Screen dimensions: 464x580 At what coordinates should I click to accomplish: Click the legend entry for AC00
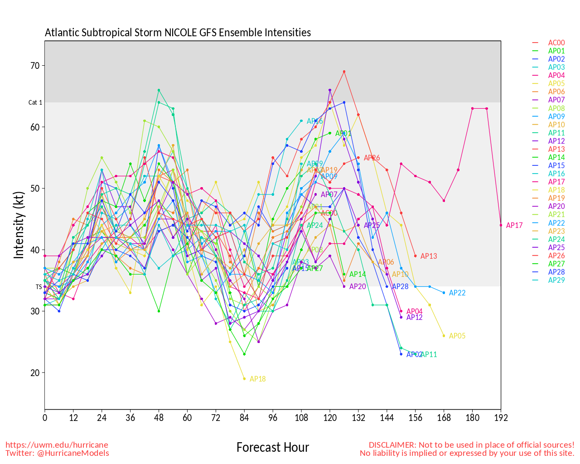coord(556,43)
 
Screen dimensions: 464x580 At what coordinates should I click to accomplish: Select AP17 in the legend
coord(556,182)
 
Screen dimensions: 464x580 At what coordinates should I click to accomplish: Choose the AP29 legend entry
coord(556,280)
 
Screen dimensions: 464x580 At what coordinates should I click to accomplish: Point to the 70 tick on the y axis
coord(35,66)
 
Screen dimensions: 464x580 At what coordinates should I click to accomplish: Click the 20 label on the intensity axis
coord(35,373)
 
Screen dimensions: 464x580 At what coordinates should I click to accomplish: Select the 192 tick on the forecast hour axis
coord(501,418)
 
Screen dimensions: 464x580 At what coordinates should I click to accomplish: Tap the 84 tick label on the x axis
coord(244,418)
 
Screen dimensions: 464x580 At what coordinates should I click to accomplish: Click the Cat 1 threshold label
coord(35,103)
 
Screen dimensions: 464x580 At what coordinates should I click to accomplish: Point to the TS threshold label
coord(39,287)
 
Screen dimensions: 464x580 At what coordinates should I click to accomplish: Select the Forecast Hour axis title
coord(272,448)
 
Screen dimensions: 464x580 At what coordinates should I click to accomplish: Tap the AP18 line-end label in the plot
coord(257,379)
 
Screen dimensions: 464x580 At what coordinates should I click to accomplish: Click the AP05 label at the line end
coord(457,336)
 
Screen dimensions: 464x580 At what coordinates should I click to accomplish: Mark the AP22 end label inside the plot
coord(457,293)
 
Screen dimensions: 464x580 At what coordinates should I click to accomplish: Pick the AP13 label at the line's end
coord(428,256)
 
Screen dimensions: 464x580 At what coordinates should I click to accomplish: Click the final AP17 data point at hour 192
coord(501,225)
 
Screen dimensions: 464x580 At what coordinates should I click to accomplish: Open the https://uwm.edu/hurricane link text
coord(57,445)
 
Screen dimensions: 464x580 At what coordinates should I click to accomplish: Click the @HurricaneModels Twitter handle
coord(74,453)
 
